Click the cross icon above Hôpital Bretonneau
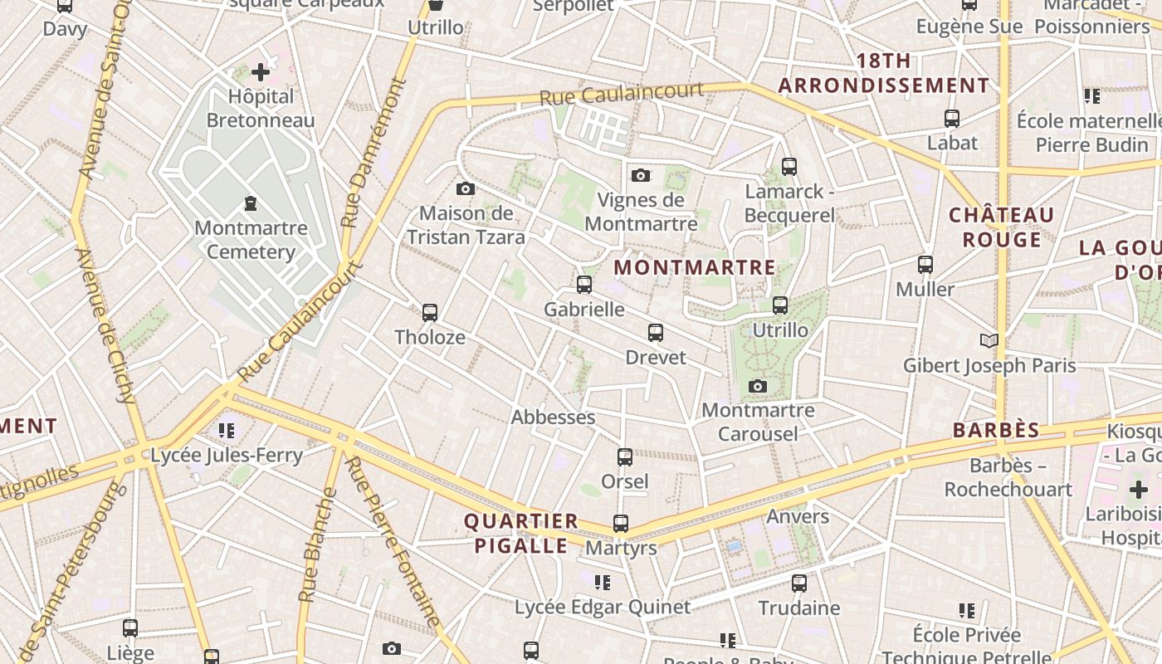261,72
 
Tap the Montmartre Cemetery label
251,240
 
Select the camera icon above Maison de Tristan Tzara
466,189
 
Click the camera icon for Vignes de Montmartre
641,175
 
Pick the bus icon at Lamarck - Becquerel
789,167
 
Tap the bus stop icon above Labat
952,119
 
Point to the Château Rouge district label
1001,227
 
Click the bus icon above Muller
925,265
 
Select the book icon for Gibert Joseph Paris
989,340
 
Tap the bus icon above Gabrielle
584,285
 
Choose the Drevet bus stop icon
656,333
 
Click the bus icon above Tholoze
430,313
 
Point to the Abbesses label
553,417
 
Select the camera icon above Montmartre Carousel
758,386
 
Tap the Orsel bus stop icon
625,456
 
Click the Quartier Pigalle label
520,534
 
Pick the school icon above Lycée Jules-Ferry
227,430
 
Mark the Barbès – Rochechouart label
1008,477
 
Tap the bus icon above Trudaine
799,583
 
